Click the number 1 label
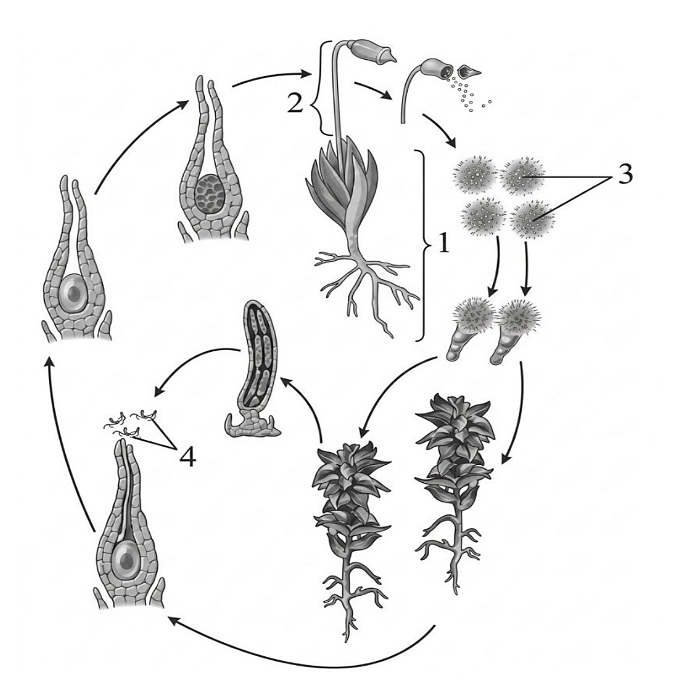pos(443,244)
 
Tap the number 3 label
pos(625,174)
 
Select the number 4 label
pos(187,456)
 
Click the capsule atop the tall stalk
pos(372,52)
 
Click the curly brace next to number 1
pos(423,246)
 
